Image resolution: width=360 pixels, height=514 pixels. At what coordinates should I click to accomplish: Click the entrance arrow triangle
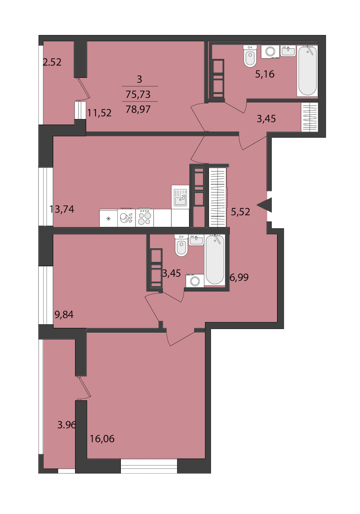[x=266, y=205]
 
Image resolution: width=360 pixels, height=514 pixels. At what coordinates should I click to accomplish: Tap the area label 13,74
[x=62, y=209]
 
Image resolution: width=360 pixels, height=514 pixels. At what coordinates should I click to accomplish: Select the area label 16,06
[x=102, y=439]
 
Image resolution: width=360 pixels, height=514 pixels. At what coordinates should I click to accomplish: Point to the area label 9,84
[x=64, y=314]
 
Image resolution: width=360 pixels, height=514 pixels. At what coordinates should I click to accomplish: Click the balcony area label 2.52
[x=52, y=62]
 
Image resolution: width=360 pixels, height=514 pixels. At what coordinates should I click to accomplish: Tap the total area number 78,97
[x=138, y=109]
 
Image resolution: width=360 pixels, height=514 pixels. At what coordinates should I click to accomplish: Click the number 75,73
[x=138, y=94]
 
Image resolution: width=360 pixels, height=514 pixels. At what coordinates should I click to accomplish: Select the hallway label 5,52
[x=240, y=212]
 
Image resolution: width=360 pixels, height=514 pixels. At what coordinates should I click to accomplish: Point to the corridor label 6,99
[x=239, y=277]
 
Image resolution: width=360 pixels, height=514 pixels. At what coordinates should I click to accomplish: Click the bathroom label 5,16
[x=265, y=74]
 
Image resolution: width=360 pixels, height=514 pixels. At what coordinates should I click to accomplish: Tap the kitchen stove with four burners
[x=144, y=217]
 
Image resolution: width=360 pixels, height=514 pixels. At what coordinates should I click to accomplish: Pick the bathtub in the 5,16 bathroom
[x=308, y=71]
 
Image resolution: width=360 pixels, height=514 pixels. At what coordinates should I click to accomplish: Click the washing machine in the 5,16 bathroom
[x=270, y=52]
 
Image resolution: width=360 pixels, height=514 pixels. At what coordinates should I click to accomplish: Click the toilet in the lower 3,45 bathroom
[x=181, y=245]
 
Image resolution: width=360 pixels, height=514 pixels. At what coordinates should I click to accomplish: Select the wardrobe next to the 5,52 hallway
[x=218, y=197]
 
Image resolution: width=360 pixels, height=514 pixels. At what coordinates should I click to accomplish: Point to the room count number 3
[x=139, y=79]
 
